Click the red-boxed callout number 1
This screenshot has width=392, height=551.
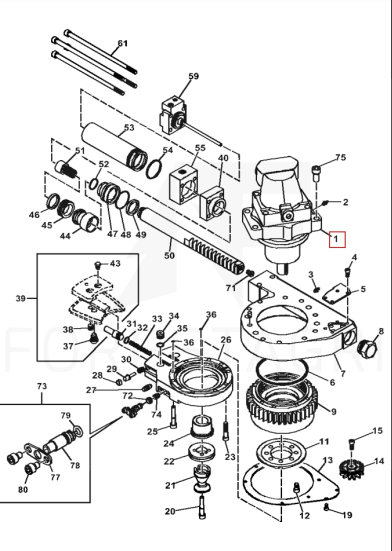(336, 239)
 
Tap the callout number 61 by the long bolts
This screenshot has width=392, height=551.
(122, 44)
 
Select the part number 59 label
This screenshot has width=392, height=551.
(194, 76)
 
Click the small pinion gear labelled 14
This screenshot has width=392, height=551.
(352, 467)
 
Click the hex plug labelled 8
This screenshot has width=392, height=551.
(367, 348)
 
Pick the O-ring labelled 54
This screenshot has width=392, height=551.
(155, 169)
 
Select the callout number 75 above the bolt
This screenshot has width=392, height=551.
(341, 157)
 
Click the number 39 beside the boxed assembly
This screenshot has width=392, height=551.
(21, 298)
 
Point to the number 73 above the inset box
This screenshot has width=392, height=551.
(42, 386)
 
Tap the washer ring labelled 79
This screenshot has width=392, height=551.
(78, 431)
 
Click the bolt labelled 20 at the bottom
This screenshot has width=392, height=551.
(202, 506)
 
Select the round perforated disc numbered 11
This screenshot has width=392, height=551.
(281, 453)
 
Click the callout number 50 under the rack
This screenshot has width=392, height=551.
(169, 255)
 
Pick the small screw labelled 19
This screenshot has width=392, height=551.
(327, 507)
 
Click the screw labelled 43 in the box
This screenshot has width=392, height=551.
(99, 265)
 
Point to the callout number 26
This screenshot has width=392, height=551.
(226, 340)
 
